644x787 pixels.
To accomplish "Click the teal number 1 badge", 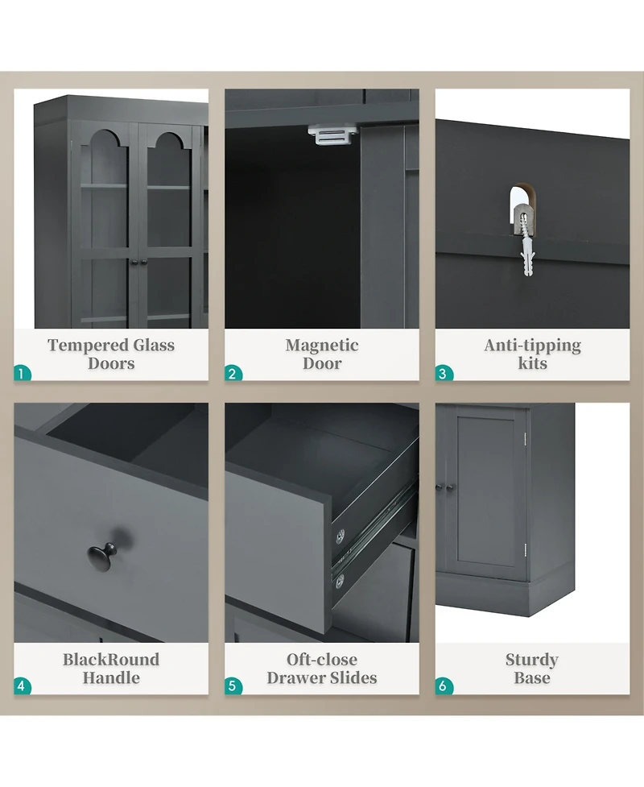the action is pyautogui.click(x=22, y=374).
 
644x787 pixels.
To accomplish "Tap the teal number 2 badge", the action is pyautogui.click(x=233, y=374).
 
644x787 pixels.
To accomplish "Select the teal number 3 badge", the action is pyautogui.click(x=444, y=374).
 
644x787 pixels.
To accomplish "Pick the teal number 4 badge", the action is pyautogui.click(x=22, y=686).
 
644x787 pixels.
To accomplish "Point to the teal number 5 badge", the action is pyautogui.click(x=233, y=686).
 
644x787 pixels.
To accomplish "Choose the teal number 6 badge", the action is pyautogui.click(x=444, y=686).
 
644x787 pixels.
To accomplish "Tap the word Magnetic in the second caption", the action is pyautogui.click(x=322, y=346).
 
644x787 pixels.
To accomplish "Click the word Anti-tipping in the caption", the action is pyautogui.click(x=533, y=346).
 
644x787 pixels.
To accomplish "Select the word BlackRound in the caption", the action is pyautogui.click(x=111, y=660).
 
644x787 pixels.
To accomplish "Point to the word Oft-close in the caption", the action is pyautogui.click(x=322, y=660).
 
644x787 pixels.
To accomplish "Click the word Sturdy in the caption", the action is pyautogui.click(x=532, y=661).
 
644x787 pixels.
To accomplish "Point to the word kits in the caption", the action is pyautogui.click(x=533, y=363).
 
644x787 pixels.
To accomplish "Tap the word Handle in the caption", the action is pyautogui.click(x=111, y=678).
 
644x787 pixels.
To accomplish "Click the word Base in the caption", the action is pyautogui.click(x=532, y=678).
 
